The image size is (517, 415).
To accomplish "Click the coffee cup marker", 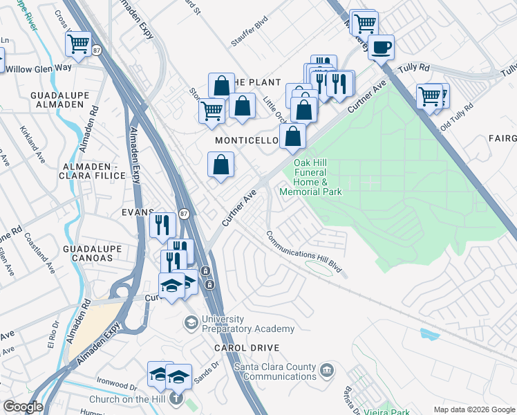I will point(380,48).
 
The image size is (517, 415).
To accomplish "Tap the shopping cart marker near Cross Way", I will point(78,44).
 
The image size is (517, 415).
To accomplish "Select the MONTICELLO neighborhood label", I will point(247,140).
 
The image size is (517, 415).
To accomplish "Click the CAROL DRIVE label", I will point(247,348).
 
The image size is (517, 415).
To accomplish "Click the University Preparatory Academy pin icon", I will point(190,322).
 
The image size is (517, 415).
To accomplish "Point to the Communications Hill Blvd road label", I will point(305,254).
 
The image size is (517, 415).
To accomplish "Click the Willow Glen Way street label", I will point(39,68).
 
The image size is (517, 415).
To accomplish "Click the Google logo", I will point(22,407).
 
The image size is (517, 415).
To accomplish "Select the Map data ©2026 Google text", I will point(473,409).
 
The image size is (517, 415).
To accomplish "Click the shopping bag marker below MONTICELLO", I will point(220,165).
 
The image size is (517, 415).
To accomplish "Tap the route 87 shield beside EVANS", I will point(184,214).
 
